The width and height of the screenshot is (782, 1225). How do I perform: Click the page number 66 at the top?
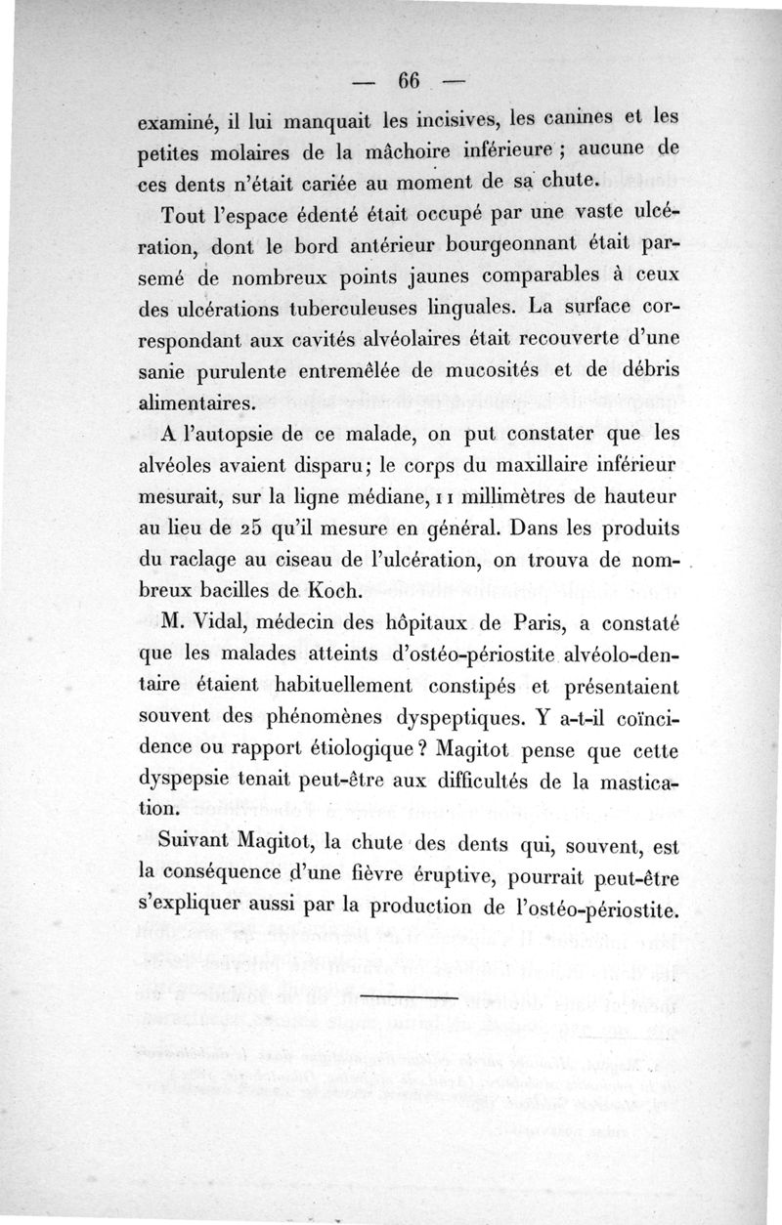406,80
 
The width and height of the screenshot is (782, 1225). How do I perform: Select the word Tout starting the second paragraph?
180,213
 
